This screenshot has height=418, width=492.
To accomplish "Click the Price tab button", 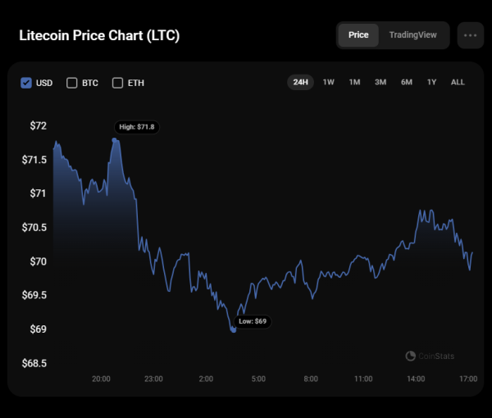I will [358, 35].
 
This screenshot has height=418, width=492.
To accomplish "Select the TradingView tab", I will [412, 35].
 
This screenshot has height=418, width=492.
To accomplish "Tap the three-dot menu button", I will [470, 35].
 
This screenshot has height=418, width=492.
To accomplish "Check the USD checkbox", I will [26, 83].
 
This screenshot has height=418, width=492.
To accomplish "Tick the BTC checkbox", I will [72, 83].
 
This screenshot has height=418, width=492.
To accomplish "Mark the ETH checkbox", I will [117, 83].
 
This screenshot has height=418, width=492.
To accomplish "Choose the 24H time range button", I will [300, 82].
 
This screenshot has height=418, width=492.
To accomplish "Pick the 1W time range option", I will [328, 82].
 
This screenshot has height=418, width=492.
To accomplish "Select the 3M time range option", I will [380, 82].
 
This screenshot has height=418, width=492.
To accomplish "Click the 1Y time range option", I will [431, 82].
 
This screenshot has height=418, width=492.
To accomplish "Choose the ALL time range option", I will [458, 82].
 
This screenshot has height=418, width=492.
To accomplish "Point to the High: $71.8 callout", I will [137, 127].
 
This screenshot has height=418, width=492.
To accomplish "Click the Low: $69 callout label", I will [253, 321].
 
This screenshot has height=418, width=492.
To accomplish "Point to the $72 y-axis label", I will [38, 125].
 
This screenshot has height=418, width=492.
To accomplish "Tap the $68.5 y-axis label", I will [34, 363].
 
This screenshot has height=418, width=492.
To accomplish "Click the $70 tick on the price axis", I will [38, 261].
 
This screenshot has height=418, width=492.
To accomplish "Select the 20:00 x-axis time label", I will [101, 379].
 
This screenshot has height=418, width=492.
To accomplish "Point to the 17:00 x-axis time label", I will [468, 379].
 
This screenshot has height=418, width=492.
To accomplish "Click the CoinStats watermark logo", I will [430, 357].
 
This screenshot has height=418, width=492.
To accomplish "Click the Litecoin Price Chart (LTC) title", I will [99, 36].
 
